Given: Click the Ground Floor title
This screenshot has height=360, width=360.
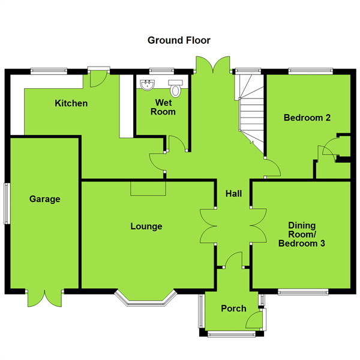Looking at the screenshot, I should pyautogui.click(x=179, y=40).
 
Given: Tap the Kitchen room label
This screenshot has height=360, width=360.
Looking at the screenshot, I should pyautogui.click(x=71, y=103).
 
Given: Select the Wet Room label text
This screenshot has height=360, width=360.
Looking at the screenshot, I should pyautogui.click(x=162, y=107).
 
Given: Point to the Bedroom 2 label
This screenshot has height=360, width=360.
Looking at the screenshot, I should pyautogui.click(x=307, y=118).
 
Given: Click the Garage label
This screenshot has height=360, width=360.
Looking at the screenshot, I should pyautogui.click(x=45, y=199).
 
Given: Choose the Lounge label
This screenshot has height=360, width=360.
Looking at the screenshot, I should pyautogui.click(x=146, y=226).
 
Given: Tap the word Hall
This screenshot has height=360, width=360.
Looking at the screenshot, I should pyautogui.click(x=233, y=193).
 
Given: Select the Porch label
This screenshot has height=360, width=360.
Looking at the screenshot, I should pyautogui.click(x=233, y=308).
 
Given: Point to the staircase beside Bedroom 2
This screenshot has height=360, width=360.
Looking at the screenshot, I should pyautogui.click(x=251, y=108).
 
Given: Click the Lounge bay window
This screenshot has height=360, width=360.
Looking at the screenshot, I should pyautogui.click(x=146, y=298).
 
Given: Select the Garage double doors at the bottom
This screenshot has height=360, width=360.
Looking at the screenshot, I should pyautogui.click(x=45, y=299).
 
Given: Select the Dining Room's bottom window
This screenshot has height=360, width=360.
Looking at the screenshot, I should pyautogui.click(x=303, y=292).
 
